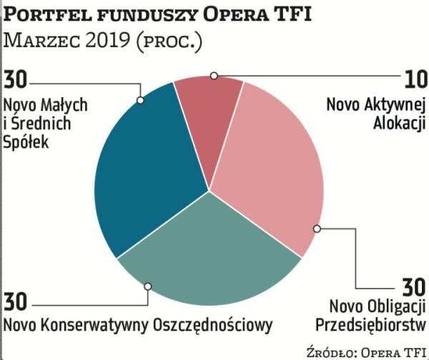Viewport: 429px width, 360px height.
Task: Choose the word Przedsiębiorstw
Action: (x=370, y=326)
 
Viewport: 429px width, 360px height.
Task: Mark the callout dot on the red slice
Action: (x=214, y=74)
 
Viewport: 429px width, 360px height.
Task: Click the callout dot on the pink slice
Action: (x=317, y=229)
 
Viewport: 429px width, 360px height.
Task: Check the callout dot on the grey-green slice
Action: (x=148, y=286)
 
